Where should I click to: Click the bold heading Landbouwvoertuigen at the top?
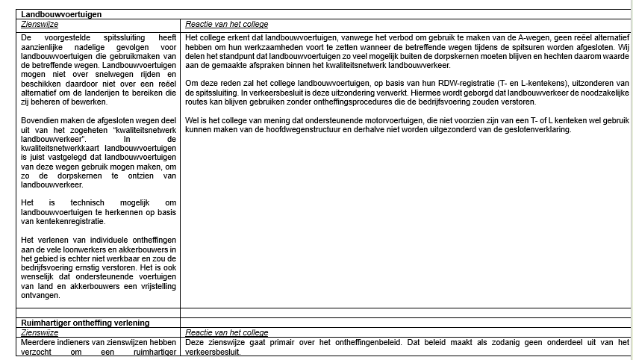tap(61, 14)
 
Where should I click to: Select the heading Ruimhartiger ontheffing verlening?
tap(86, 323)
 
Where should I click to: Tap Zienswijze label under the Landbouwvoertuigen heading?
tap(40, 24)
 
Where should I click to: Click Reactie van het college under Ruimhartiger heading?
tap(226, 332)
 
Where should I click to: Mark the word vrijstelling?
tap(154, 287)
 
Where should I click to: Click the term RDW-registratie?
tap(447, 81)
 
